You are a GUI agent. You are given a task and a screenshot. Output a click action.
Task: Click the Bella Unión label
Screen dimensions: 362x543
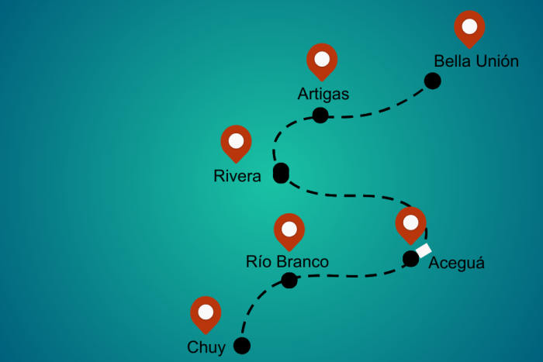pos(476,61)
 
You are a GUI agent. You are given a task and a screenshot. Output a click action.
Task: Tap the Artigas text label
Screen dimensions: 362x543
pos(323,95)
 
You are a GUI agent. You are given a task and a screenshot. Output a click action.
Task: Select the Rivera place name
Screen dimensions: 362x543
pos(237,177)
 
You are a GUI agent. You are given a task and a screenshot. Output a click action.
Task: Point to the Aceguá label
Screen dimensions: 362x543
pos(456,263)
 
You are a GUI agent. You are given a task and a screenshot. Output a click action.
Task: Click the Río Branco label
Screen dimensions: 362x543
pos(287,262)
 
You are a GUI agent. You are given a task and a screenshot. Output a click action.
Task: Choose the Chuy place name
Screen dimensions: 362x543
pos(206,346)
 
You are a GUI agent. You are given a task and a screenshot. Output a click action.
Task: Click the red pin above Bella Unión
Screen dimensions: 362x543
pos(469,27)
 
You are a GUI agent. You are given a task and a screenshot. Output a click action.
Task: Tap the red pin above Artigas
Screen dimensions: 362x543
pos(322,60)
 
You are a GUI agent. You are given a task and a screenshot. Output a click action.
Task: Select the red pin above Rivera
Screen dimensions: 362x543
pos(236,142)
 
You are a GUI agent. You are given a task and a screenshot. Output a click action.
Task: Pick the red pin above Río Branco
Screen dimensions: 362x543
pos(289,229)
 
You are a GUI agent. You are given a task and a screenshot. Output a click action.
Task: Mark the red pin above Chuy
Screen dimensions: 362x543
pos(206,312)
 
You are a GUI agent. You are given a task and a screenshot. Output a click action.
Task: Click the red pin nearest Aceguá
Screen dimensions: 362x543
pos(410,223)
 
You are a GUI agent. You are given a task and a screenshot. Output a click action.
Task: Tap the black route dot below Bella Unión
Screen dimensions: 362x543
pos(432,81)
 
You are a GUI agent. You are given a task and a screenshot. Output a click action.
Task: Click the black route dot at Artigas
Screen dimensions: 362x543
pos(320,115)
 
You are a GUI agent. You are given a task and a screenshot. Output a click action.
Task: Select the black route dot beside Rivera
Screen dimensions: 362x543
pos(281,174)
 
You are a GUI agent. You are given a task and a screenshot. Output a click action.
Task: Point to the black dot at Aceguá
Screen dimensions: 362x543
pos(411,259)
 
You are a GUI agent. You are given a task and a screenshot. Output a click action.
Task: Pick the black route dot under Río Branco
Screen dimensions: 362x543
pos(289,281)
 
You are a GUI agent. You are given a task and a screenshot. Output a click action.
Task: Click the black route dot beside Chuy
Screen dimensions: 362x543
pos(242,346)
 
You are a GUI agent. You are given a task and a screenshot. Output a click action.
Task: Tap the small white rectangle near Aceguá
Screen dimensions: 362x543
pos(424,250)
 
